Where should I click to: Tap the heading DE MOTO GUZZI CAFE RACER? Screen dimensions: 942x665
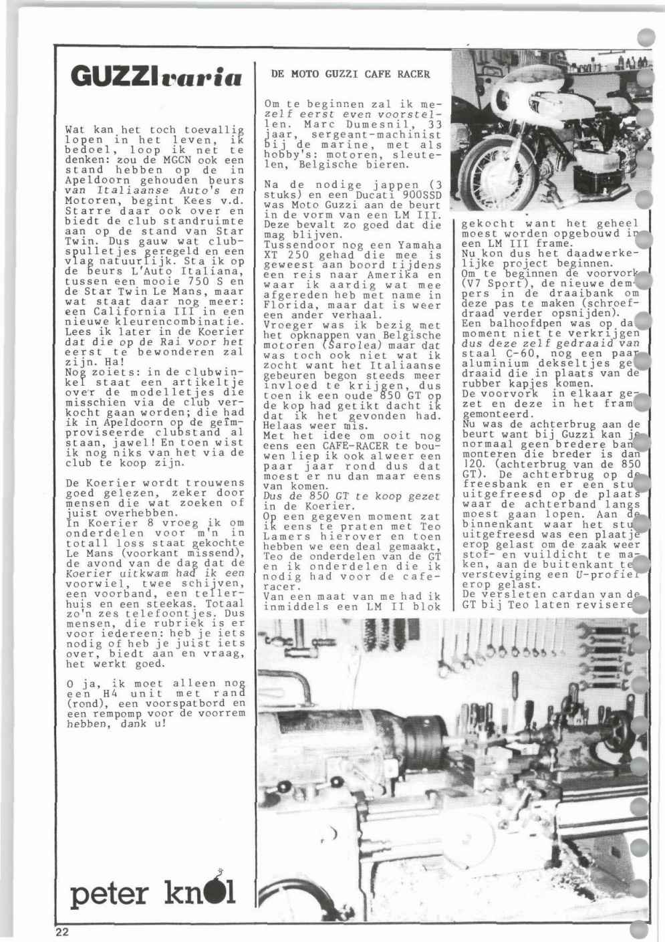point(350,74)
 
